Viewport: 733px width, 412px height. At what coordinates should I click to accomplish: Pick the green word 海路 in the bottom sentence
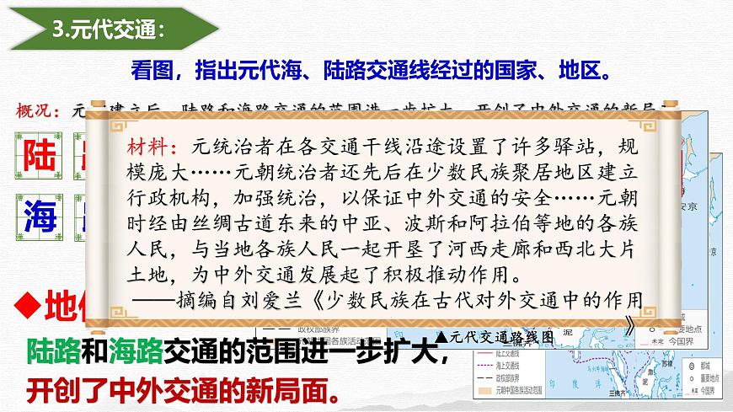click(x=129, y=352)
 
